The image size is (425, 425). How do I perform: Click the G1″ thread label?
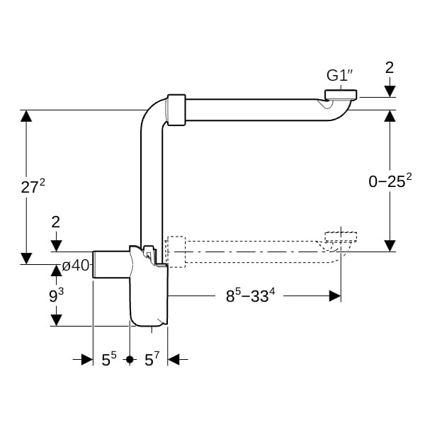340,75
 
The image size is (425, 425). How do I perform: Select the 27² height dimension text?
33,186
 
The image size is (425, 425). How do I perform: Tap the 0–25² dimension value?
390,181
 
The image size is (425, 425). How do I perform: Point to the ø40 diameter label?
76,266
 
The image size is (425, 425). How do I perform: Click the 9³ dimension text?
57,295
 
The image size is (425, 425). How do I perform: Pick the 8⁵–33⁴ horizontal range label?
251,295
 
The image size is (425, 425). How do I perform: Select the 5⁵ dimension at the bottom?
109,359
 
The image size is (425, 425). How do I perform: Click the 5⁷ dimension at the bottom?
152,359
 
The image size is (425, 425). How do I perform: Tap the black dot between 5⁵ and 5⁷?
130,359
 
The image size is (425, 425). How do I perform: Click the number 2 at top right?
390,67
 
